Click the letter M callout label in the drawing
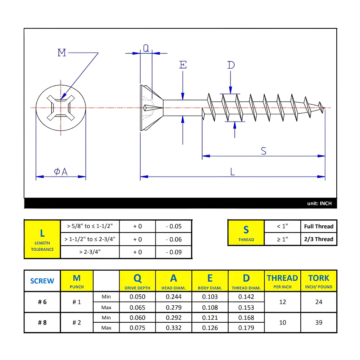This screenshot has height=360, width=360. click(x=62, y=53)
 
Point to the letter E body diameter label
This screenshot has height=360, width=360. click(x=183, y=65)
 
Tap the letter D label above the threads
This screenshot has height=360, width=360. click(x=230, y=65)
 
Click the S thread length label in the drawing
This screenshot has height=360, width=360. click(x=263, y=151)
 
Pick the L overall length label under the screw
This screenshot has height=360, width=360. click(x=232, y=171)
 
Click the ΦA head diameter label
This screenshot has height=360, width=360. click(x=61, y=171)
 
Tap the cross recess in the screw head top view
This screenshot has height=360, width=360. click(x=61, y=108)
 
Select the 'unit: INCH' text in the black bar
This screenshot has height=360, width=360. click(x=319, y=204)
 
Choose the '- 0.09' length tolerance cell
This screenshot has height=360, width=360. click(x=174, y=252)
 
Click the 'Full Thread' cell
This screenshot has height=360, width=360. click(x=318, y=226)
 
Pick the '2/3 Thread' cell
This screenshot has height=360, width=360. click(x=318, y=239)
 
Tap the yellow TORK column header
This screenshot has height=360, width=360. click(x=318, y=280)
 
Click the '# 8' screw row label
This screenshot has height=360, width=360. click(x=42, y=322)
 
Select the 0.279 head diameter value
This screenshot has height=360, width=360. click(x=174, y=307)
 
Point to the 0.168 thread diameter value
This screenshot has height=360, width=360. click(x=246, y=318)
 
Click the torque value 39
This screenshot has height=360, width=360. click(x=318, y=322)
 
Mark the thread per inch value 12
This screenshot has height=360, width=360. click(x=282, y=302)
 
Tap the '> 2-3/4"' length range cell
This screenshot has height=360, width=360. click(x=90, y=252)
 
